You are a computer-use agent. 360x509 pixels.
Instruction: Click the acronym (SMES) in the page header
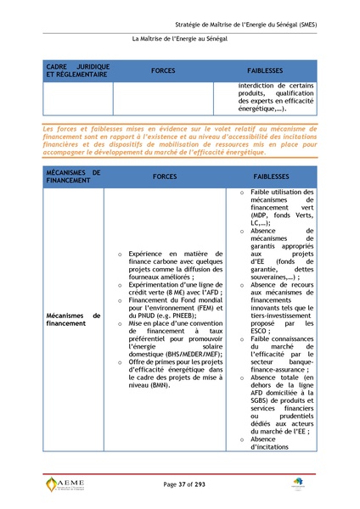click(305, 25)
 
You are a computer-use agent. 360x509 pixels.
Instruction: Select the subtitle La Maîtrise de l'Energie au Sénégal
click(179, 40)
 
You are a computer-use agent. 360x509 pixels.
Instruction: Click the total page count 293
click(201, 484)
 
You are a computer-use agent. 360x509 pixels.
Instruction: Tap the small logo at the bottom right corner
click(299, 484)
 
